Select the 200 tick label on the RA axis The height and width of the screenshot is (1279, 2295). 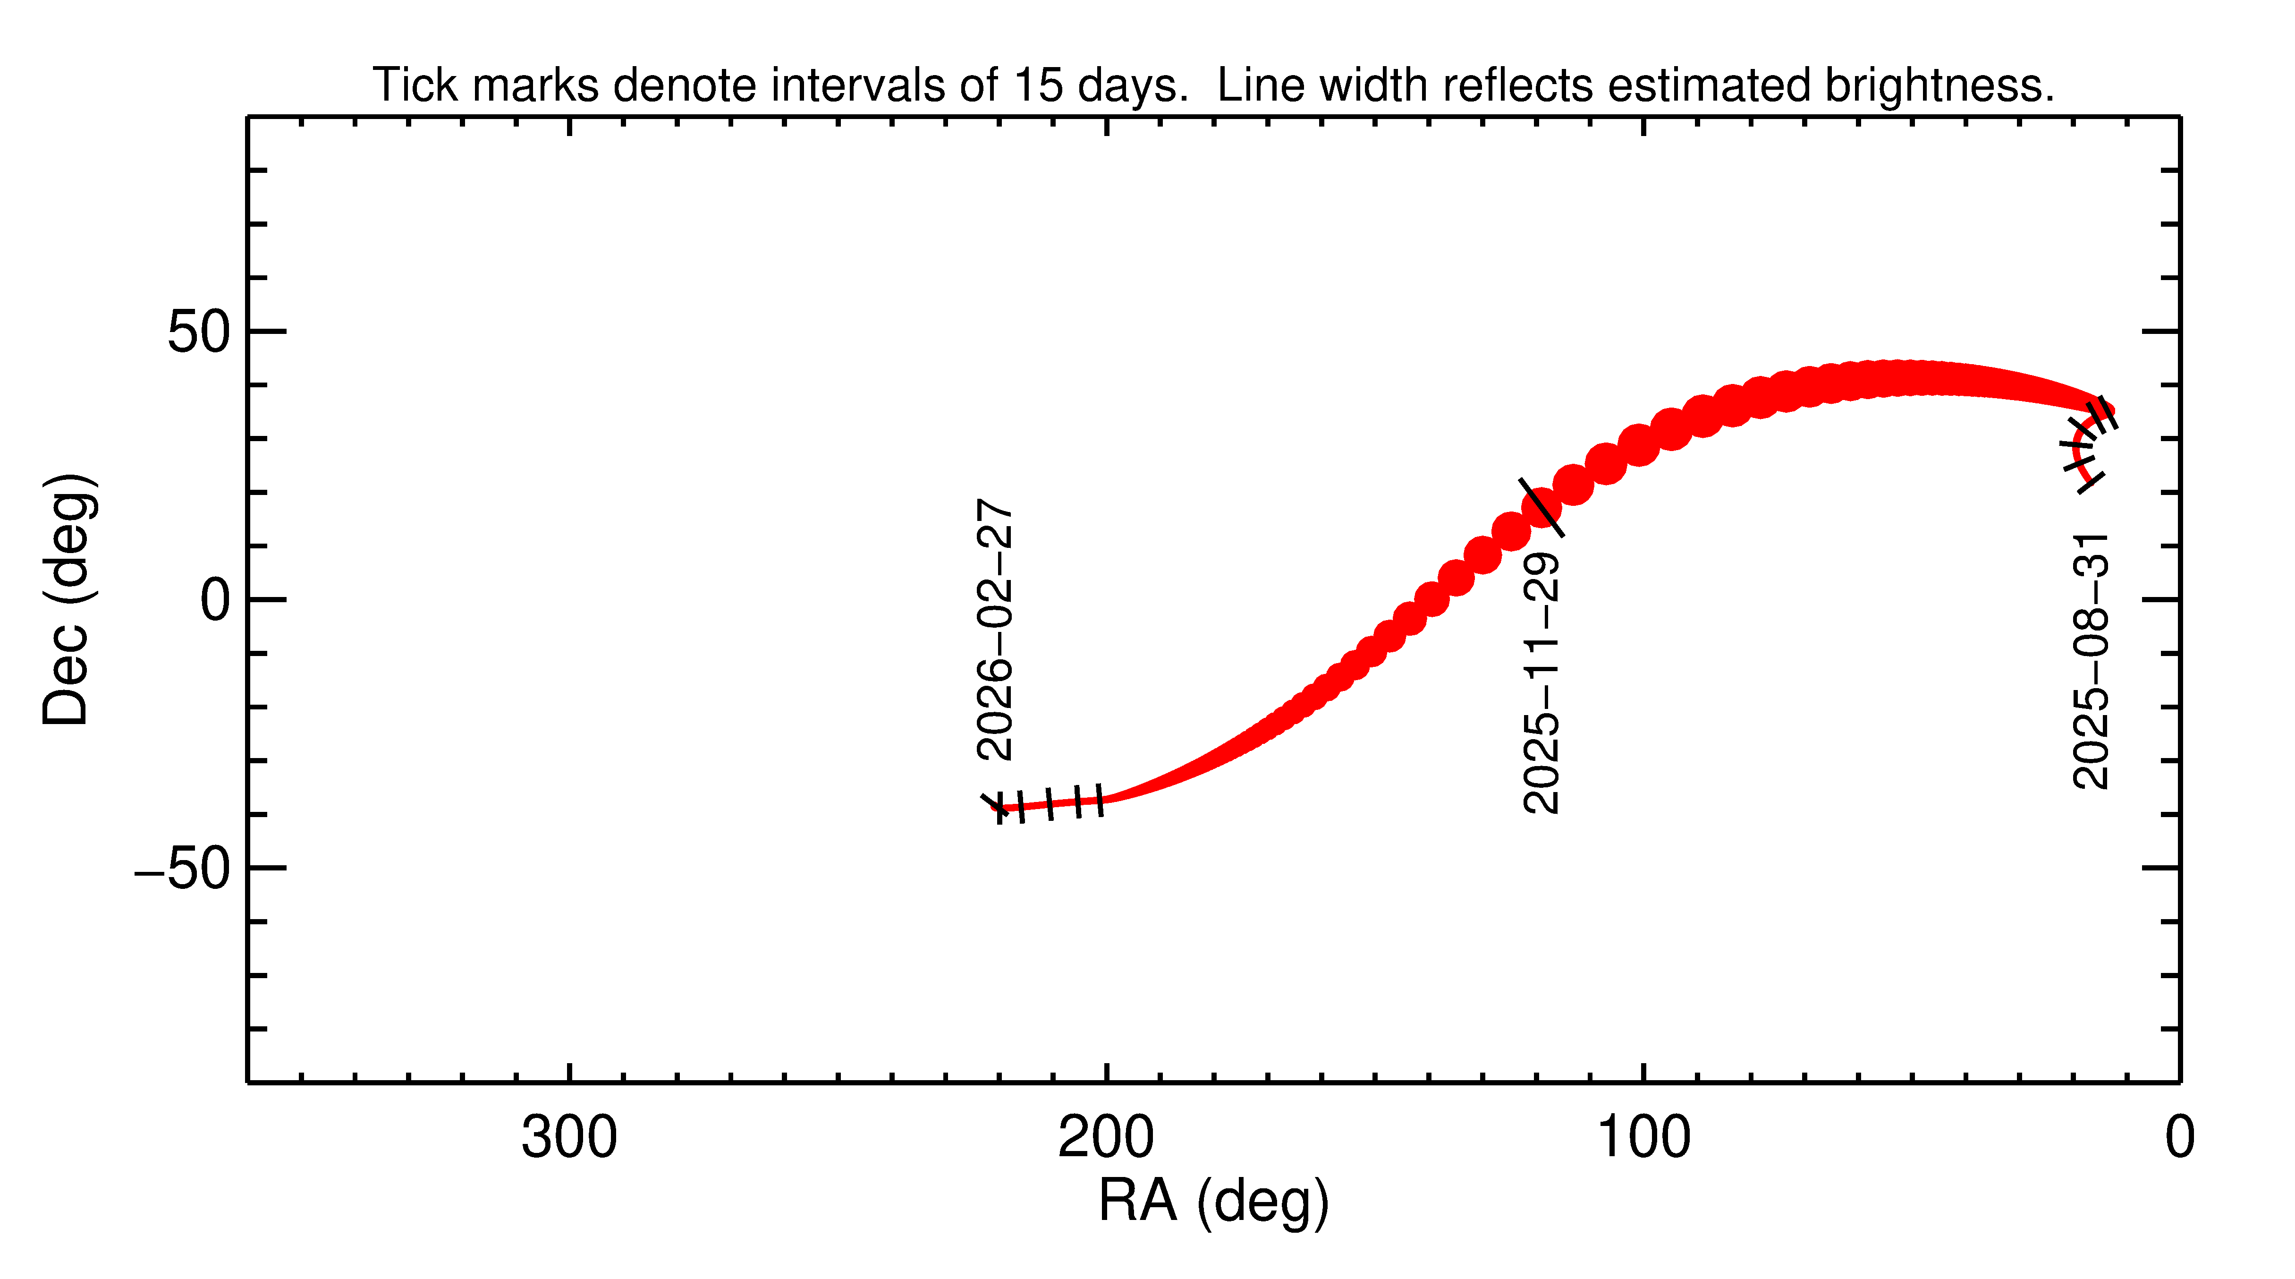(1106, 1138)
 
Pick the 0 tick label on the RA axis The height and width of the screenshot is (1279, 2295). (2179, 1138)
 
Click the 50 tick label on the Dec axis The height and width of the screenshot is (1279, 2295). (199, 333)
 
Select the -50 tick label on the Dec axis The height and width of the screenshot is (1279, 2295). (183, 869)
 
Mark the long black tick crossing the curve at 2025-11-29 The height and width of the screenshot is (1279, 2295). (1541, 507)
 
